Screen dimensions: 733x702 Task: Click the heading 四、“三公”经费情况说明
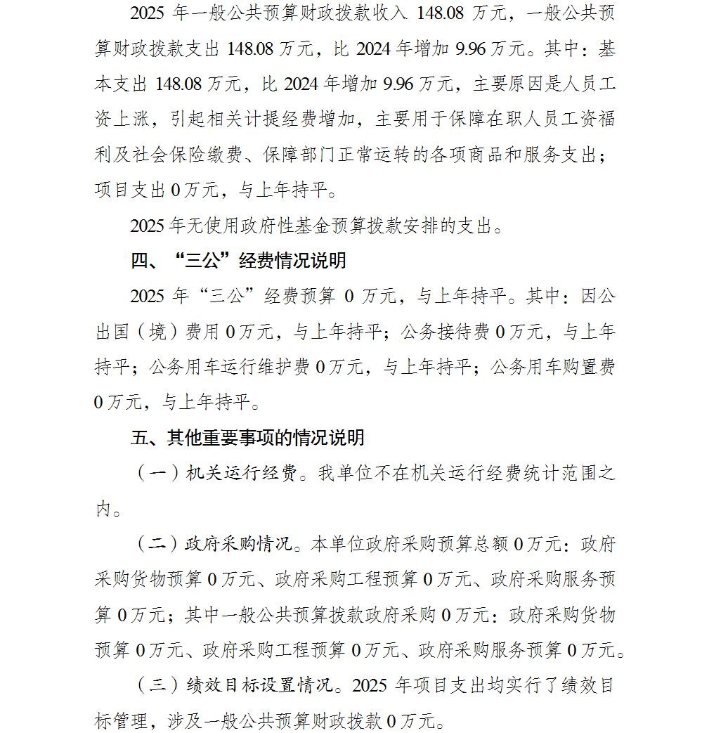tap(238, 261)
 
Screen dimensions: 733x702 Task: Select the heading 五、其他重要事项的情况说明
tap(247, 438)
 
